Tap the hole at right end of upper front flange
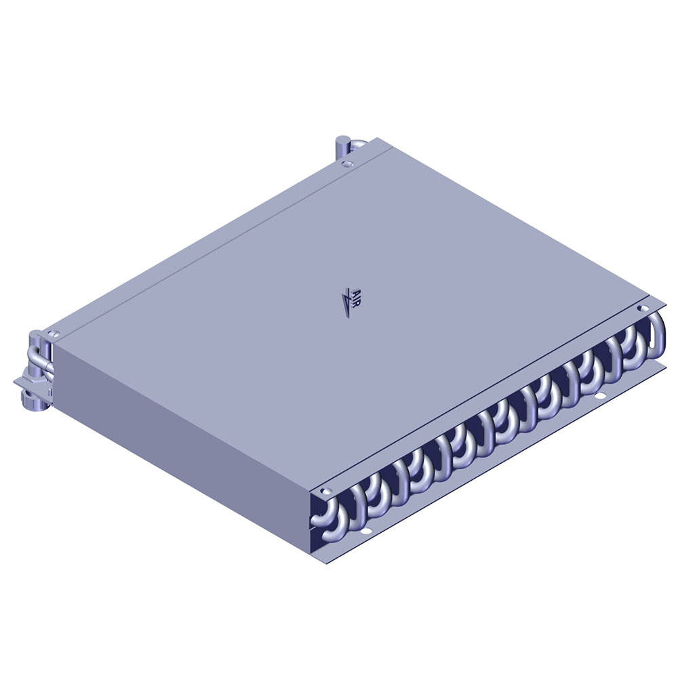point(641,308)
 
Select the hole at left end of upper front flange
point(326,491)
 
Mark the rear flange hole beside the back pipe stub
point(347,164)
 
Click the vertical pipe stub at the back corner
point(343,147)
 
